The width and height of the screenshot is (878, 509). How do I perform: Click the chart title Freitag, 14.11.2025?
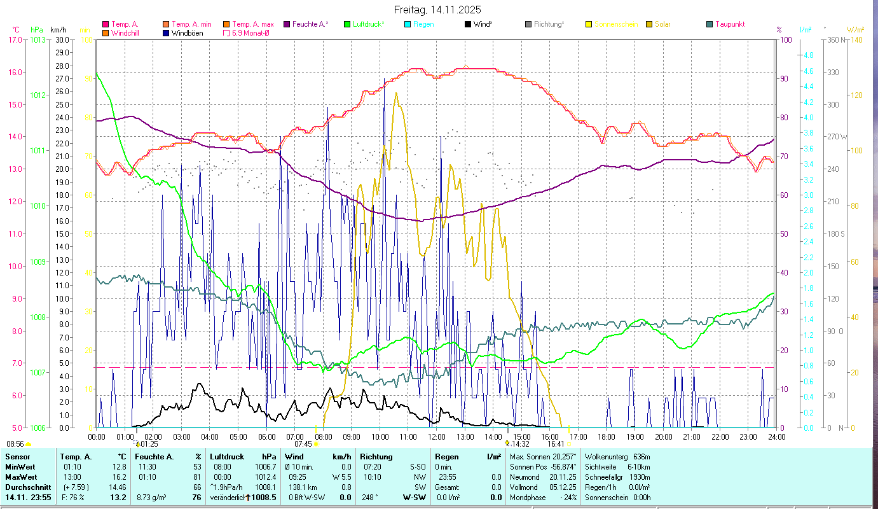click(438, 10)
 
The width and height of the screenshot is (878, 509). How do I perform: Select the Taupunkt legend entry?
click(729, 24)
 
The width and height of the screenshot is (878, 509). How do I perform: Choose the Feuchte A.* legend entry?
click(310, 24)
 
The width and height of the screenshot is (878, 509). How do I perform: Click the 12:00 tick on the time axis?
click(437, 436)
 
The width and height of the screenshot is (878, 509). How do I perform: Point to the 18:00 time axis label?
click(607, 436)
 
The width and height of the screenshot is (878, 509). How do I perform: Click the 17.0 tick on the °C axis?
click(15, 39)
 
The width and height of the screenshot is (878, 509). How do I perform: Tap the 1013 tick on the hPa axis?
click(38, 39)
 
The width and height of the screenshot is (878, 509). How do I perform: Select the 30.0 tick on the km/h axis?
click(62, 39)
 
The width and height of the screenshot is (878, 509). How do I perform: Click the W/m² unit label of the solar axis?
click(855, 29)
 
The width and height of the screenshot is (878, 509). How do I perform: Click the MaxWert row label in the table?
click(21, 477)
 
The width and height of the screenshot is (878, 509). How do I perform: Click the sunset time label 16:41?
click(556, 444)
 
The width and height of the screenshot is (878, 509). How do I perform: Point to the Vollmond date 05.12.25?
click(562, 487)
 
